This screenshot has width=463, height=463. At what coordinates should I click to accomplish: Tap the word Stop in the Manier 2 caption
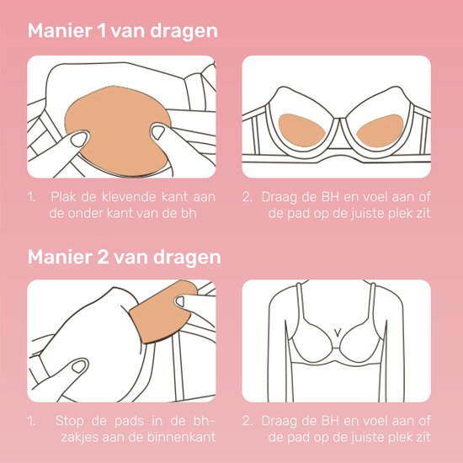67,418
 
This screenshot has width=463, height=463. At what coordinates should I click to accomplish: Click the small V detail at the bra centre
337,329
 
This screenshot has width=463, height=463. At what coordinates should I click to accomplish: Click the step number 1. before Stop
31,418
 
